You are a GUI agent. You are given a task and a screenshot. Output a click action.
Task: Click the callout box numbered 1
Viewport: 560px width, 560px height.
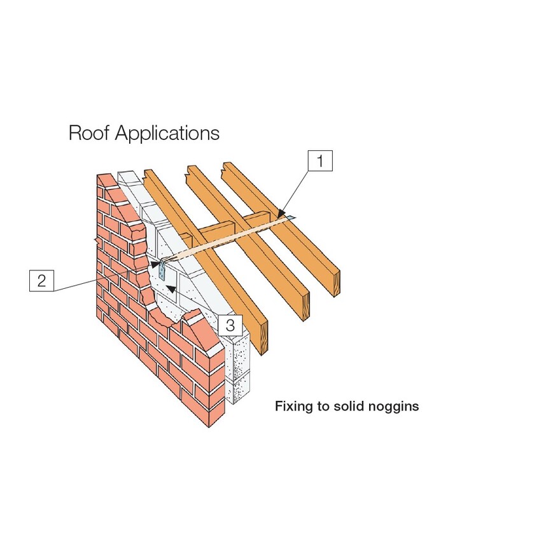click(321, 162)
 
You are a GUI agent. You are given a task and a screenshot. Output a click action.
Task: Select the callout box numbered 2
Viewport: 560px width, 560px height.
click(41, 281)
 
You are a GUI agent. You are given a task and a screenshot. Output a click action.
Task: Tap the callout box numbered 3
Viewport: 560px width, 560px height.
click(230, 326)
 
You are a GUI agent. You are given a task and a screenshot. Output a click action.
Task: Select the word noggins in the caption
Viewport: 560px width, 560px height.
click(392, 407)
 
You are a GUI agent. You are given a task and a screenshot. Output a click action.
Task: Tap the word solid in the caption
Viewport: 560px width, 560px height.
click(347, 406)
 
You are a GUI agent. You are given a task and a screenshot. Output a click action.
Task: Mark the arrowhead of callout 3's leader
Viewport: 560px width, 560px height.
click(171, 288)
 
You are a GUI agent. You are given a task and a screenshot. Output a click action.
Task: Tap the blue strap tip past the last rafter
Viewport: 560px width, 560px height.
click(291, 218)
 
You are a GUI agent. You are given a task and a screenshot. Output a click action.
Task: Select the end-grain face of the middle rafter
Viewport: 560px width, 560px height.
click(305, 310)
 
